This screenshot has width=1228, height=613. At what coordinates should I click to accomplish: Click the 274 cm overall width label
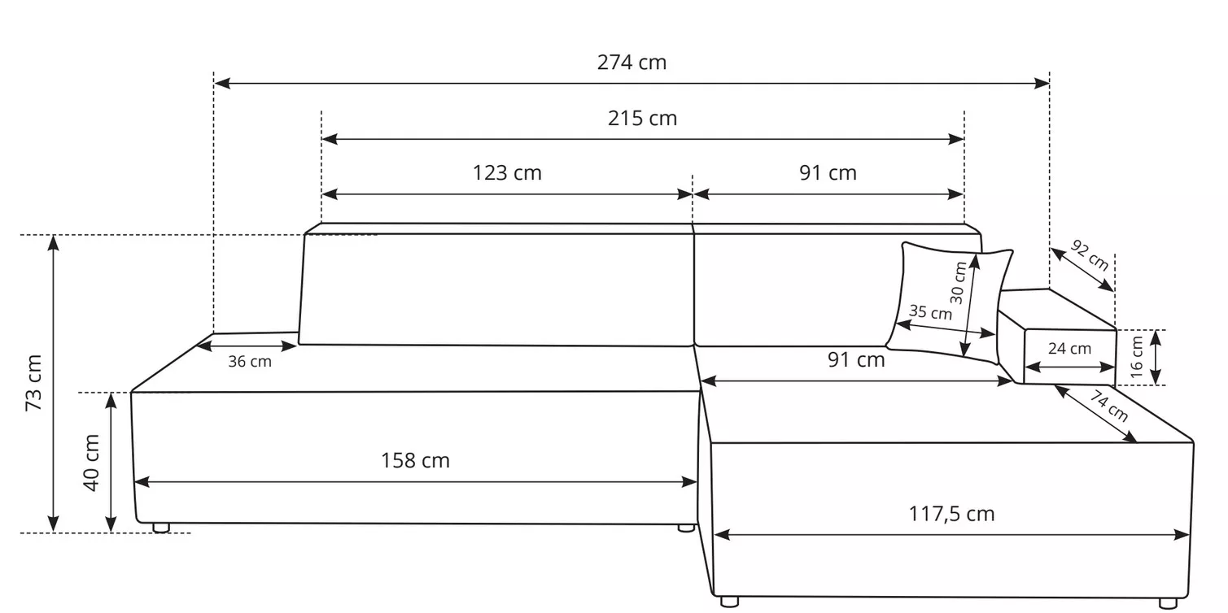(x=631, y=63)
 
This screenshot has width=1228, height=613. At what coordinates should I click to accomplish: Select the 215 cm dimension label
(x=642, y=119)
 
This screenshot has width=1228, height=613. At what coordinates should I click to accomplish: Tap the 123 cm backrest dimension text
(x=507, y=173)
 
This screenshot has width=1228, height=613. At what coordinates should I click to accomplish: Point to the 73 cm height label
(x=34, y=382)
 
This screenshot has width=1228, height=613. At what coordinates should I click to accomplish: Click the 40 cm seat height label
(x=92, y=463)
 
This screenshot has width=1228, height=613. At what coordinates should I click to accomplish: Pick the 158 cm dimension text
(x=415, y=461)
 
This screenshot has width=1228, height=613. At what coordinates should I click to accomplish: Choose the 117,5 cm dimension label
(x=951, y=514)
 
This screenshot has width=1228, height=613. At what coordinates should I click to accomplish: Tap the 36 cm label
(x=250, y=362)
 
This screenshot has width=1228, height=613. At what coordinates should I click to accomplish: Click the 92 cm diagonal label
(x=1090, y=255)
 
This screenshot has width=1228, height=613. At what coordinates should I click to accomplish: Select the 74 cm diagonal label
(x=1108, y=406)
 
